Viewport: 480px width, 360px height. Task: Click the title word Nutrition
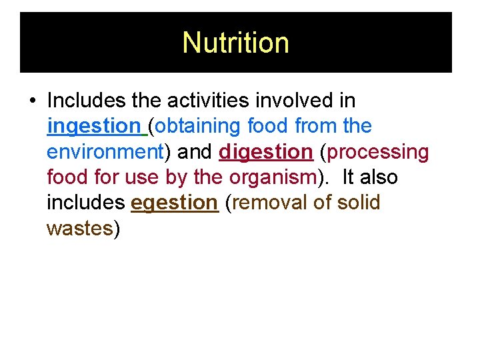235,43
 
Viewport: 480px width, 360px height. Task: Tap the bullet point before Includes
33,101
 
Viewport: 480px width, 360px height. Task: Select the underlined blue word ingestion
93,126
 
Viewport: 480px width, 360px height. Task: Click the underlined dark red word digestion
265,152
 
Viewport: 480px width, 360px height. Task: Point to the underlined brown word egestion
175,203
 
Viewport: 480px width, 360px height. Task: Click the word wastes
79,229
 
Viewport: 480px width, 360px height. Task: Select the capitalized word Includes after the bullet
87,101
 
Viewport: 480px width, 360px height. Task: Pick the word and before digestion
195,152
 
